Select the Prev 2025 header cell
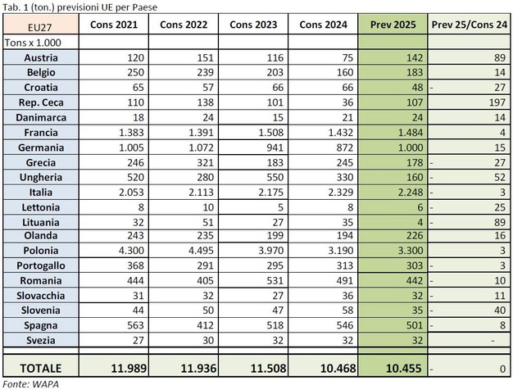pos(393,24)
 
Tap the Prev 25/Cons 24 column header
pos(470,24)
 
